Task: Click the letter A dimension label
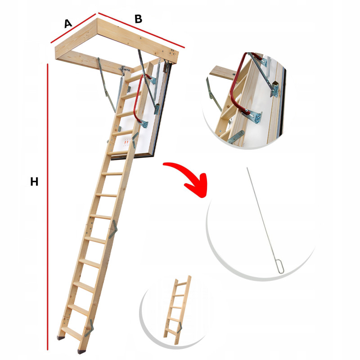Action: [68, 24]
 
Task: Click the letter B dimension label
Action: [139, 19]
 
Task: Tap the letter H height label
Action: [34, 182]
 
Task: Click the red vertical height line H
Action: [48, 207]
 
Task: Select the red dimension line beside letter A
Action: [73, 28]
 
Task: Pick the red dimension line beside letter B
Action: [141, 30]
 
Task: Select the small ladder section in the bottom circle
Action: [177, 310]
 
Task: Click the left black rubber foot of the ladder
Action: [61, 338]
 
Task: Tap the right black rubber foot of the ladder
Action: [81, 351]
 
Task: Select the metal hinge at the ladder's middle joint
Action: [113, 229]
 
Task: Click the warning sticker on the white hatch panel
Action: [126, 143]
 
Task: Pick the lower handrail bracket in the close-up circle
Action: [255, 117]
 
